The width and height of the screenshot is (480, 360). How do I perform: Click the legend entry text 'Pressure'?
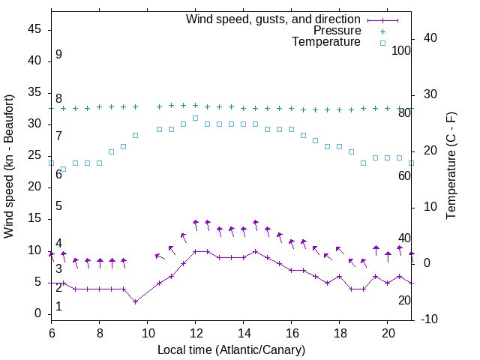[337, 31]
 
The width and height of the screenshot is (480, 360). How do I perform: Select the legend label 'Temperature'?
[326, 42]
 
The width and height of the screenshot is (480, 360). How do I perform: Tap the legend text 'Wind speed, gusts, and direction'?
[273, 19]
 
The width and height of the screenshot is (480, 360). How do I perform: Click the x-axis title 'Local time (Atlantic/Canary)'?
[231, 349]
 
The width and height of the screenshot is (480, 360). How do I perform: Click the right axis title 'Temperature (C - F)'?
[451, 166]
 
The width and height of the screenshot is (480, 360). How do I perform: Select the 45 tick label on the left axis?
[34, 29]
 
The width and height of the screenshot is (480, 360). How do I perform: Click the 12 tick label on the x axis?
[195, 332]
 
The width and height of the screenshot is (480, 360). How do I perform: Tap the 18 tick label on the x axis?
[339, 332]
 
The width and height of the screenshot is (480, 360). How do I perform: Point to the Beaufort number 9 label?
[58, 55]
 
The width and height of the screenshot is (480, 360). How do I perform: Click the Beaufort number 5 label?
[58, 206]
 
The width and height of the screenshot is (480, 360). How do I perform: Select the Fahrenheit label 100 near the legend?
[401, 50]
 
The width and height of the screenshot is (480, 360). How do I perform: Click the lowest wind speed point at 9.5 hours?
[135, 301]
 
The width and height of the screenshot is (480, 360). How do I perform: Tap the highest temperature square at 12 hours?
[195, 118]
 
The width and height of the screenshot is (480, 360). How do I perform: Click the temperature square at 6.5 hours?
[63, 169]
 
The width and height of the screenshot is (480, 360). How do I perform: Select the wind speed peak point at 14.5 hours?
[255, 251]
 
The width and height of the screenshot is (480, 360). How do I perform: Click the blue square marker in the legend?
[382, 43]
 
